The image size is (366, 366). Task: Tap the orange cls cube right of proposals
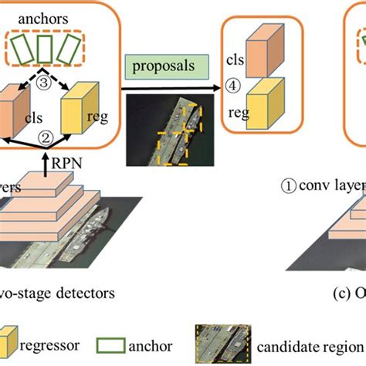pyautogui.click(x=259, y=50)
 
